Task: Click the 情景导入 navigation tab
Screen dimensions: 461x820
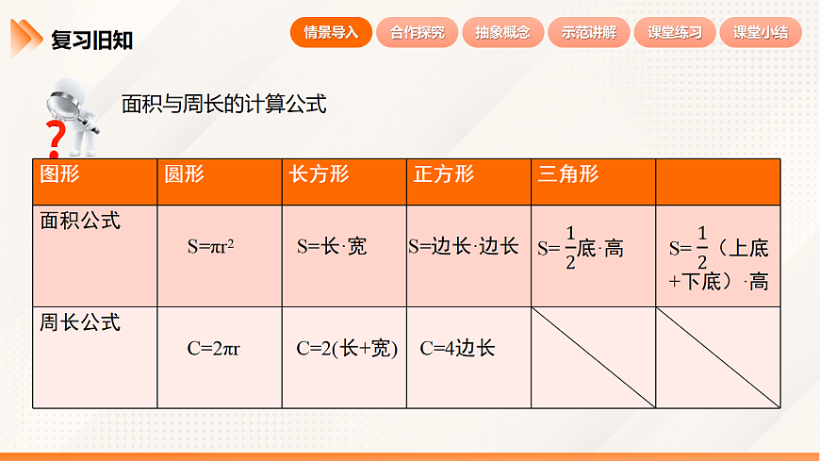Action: [331, 32]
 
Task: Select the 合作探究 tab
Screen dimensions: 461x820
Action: [417, 32]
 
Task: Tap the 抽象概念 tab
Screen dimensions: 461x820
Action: [502, 32]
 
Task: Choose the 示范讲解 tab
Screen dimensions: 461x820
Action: [588, 32]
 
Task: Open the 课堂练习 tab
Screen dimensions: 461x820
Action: [674, 32]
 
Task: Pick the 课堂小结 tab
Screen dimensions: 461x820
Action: [760, 32]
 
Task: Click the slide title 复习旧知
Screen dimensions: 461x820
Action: [91, 40]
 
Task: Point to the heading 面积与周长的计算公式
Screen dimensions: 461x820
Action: [223, 104]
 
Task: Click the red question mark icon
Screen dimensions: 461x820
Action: [56, 139]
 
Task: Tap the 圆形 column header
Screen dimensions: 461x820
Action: [184, 174]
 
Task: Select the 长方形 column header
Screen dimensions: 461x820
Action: [319, 174]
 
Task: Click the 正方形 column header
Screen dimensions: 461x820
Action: [443, 174]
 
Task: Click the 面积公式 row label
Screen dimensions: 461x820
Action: [80, 221]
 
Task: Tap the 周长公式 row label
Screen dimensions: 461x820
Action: [80, 322]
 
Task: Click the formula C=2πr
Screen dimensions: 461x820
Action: [213, 349]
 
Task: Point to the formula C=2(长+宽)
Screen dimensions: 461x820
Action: [347, 349]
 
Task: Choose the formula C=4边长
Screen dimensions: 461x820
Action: [457, 349]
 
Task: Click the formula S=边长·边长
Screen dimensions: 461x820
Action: [464, 247]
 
